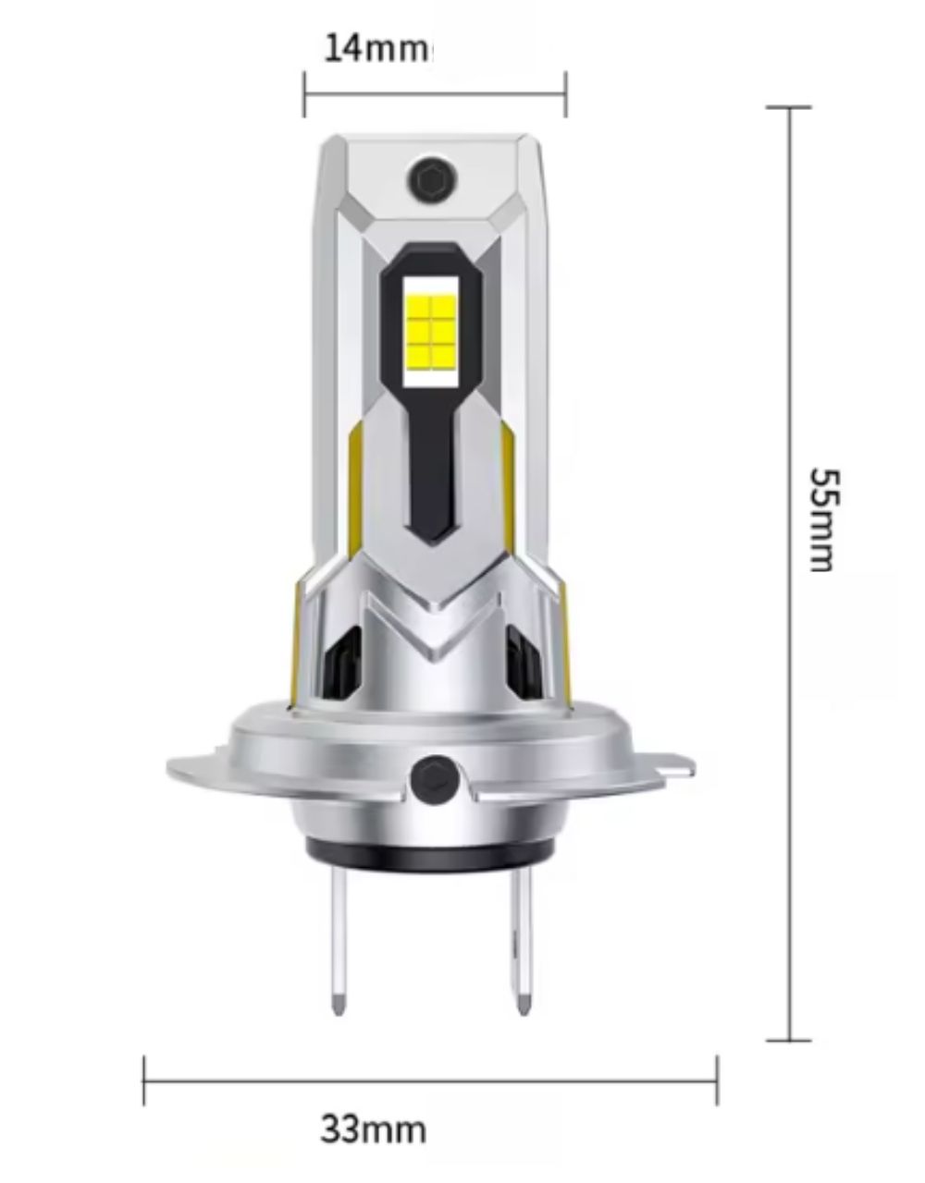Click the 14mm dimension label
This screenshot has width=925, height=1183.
[x=376, y=48]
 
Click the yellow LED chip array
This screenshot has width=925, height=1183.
[x=430, y=331]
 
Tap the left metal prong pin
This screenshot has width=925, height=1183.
[x=339, y=954]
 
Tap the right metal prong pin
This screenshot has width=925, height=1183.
[x=522, y=954]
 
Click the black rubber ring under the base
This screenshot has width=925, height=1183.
[x=430, y=860]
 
